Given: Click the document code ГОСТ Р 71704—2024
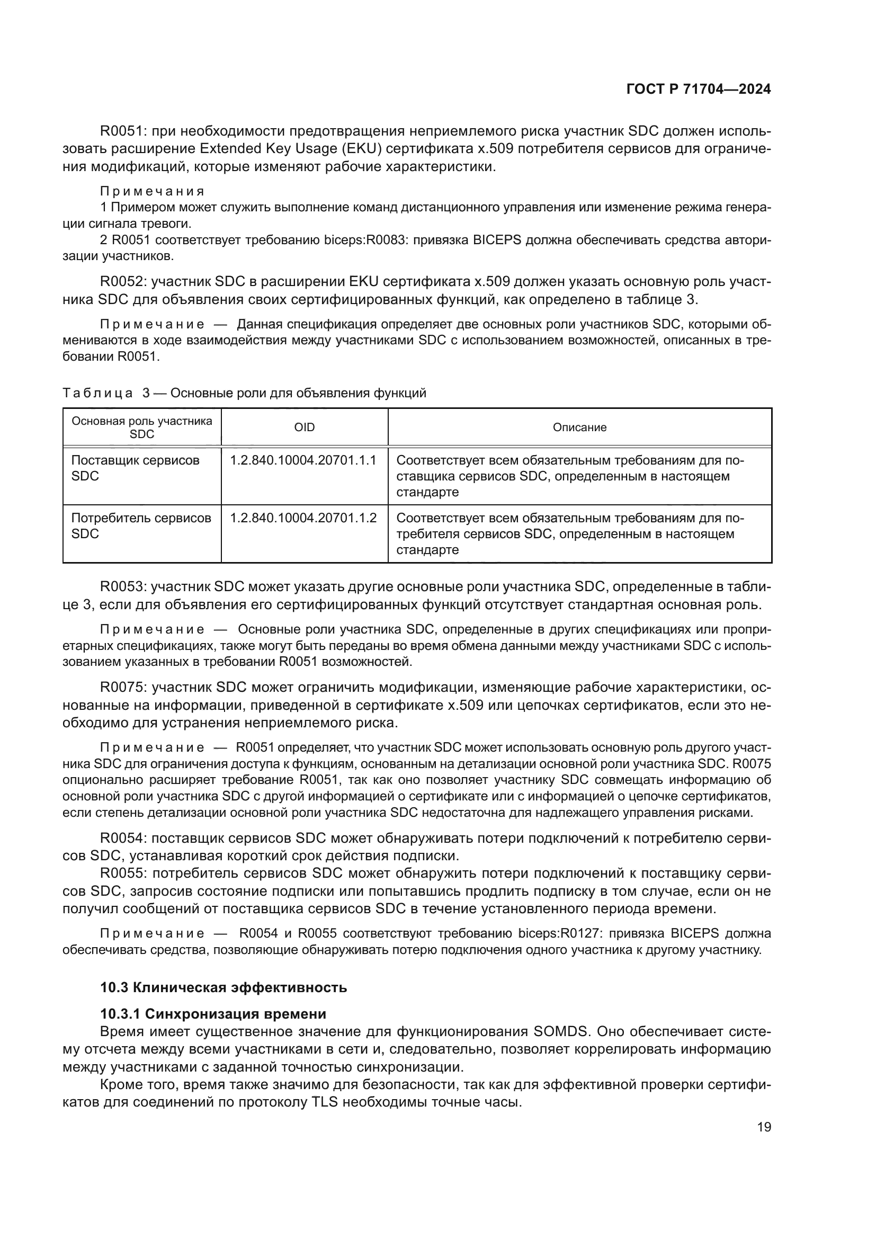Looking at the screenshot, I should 698,90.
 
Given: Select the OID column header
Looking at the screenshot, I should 304,427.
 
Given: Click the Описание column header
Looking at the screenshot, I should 579,427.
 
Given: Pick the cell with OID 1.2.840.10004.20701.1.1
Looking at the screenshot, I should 303,460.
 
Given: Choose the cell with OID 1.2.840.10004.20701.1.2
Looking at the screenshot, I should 303,518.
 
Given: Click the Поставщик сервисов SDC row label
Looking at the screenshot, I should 135,468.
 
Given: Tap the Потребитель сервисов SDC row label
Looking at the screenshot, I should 141,525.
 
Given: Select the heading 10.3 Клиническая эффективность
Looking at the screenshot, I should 224,987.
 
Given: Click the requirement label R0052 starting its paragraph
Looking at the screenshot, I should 123,282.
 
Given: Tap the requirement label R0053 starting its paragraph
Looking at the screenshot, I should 123,586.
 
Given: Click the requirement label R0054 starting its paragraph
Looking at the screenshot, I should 123,838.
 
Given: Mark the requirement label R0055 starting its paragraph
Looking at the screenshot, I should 123,873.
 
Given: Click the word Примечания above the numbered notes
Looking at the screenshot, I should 152,191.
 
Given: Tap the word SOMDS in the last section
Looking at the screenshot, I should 559,1032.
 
